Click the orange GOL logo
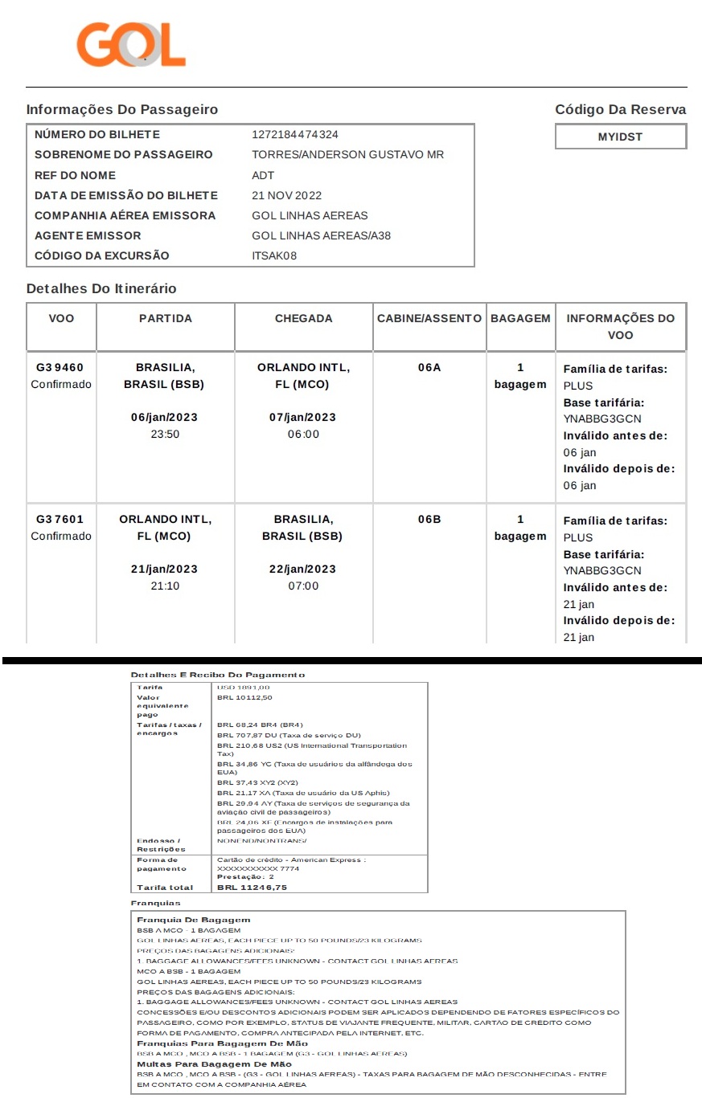(x=131, y=44)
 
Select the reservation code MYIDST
(x=620, y=137)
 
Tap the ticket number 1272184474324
(x=295, y=134)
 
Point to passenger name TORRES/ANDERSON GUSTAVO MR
(x=347, y=154)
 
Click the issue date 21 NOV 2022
(x=286, y=195)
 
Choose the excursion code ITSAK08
(x=274, y=255)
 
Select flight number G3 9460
(x=60, y=367)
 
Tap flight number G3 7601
(x=60, y=519)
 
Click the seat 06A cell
(x=429, y=367)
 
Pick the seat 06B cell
(x=429, y=519)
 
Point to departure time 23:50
(x=164, y=434)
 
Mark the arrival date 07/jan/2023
(x=302, y=417)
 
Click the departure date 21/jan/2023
(x=164, y=569)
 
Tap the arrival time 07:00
(x=302, y=586)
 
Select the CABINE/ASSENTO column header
(x=429, y=318)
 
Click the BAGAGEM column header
(x=520, y=318)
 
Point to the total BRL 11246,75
(x=252, y=887)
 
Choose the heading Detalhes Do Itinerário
(x=101, y=288)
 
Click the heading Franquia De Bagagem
(x=194, y=919)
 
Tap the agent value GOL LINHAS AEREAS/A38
(x=321, y=235)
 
